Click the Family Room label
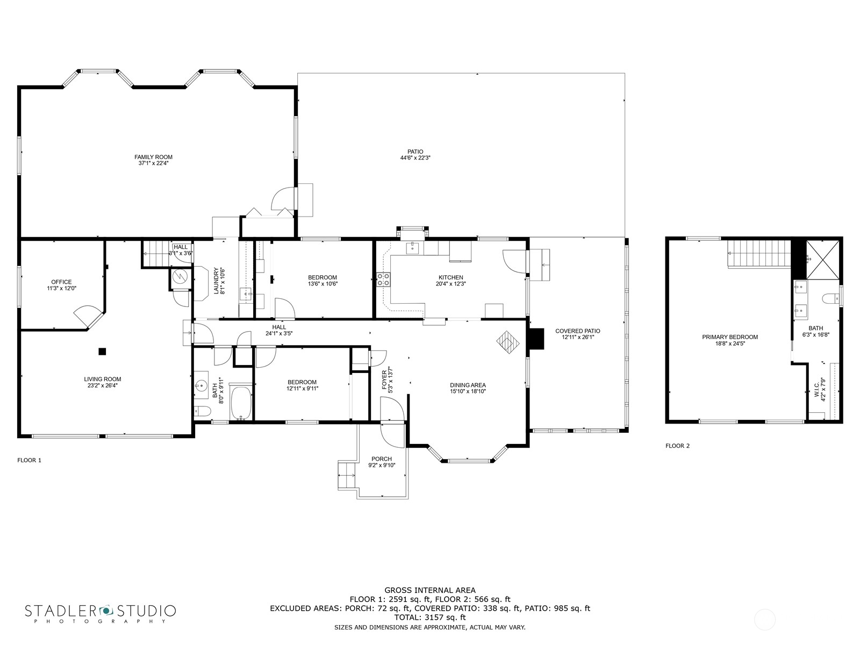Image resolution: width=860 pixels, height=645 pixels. point(153,157)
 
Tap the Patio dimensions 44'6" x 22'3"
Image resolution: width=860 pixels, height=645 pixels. point(415,158)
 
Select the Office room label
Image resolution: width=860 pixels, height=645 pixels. point(61,282)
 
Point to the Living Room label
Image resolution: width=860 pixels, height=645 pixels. point(103,379)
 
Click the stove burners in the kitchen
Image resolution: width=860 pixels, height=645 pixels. point(383,279)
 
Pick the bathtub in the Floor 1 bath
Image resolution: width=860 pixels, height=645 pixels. point(241,403)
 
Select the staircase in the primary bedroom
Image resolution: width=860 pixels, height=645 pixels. point(759,254)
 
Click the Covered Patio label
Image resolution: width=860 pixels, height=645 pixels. point(577,331)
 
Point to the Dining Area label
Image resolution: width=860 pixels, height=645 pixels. point(468,385)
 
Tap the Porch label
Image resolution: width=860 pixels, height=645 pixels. point(382,459)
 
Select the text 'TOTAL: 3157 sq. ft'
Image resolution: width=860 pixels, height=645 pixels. point(430,618)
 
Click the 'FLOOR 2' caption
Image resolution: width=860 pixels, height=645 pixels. point(677,446)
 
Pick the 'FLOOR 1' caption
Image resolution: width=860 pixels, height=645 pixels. point(30,460)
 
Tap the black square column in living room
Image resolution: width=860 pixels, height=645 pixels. point(102,352)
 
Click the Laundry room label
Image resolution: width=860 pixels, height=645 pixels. point(216,281)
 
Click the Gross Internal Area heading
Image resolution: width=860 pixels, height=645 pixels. point(430,590)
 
